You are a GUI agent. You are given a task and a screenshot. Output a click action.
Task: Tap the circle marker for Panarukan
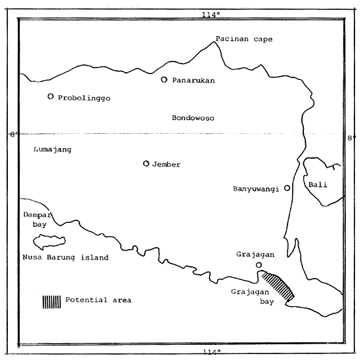(x=165, y=80)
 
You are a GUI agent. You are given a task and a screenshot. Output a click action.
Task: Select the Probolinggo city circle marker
(x=51, y=96)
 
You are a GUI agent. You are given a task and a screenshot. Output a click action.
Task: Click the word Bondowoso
(x=193, y=118)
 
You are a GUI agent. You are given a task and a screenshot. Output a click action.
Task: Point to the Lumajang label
(x=52, y=150)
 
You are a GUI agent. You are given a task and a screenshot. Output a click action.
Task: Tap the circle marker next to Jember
(x=146, y=164)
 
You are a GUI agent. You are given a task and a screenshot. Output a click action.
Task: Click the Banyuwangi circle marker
(x=287, y=188)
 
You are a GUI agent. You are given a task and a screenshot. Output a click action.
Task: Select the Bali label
(x=318, y=185)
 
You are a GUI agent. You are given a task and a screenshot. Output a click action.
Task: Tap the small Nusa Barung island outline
(x=52, y=242)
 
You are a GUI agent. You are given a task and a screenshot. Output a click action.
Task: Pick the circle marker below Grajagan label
(x=259, y=266)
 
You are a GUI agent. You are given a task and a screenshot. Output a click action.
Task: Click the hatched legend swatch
(x=52, y=301)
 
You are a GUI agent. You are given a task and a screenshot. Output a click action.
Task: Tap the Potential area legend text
(x=98, y=300)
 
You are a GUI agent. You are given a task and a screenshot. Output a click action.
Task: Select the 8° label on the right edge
(x=350, y=138)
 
